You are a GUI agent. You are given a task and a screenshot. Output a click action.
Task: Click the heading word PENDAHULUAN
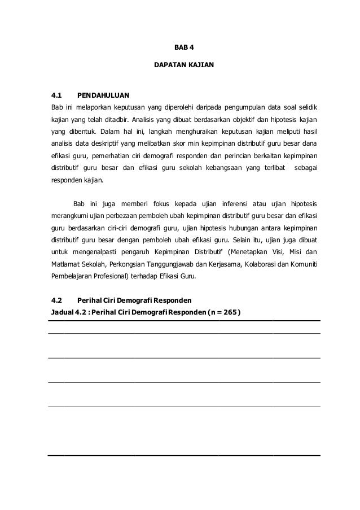click(x=103, y=94)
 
